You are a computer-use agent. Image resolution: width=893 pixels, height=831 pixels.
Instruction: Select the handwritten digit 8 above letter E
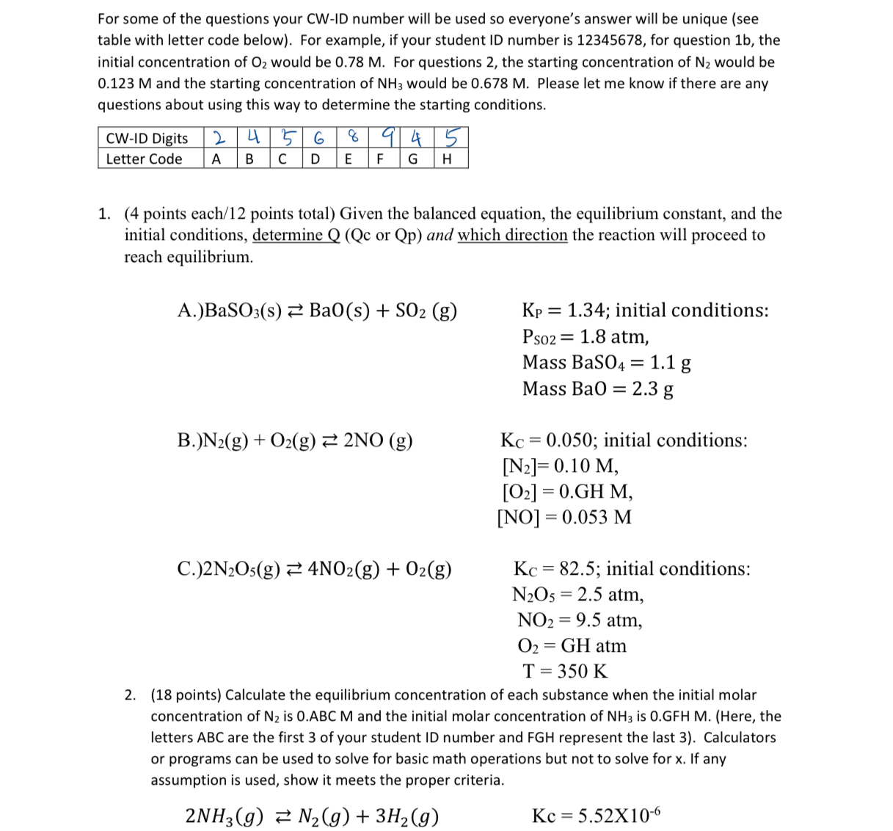point(353,138)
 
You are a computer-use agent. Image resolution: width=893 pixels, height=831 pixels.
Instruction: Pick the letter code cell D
point(315,159)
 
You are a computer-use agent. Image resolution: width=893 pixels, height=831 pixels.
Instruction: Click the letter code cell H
point(447,159)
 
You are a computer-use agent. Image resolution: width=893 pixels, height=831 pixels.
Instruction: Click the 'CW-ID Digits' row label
point(147,139)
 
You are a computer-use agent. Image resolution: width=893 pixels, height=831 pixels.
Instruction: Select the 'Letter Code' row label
point(144,159)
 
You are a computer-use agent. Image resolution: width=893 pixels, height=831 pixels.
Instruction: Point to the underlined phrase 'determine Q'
point(296,235)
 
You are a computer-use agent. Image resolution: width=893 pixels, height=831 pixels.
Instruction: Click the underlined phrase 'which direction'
point(512,235)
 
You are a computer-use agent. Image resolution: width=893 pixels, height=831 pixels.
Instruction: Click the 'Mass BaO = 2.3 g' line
point(597,388)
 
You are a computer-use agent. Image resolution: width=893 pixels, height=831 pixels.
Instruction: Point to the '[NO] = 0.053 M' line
point(564,518)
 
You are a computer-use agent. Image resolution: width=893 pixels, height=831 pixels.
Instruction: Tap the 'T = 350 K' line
point(564,671)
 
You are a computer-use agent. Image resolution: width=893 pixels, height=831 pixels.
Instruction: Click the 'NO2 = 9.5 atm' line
point(580,620)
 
